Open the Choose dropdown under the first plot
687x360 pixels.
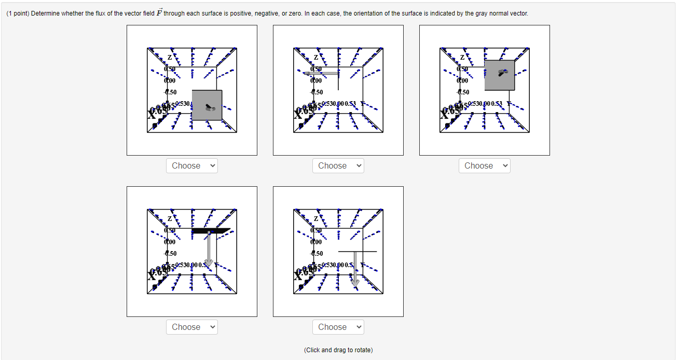click(192, 166)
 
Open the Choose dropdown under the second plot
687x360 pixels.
click(338, 166)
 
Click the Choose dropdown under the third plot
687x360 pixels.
click(485, 166)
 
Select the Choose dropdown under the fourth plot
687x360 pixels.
click(192, 327)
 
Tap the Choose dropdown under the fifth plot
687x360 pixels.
click(338, 327)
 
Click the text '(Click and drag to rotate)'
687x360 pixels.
click(338, 350)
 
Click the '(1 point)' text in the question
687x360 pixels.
click(18, 13)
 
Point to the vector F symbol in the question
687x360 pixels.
click(159, 13)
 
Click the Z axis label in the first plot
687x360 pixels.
click(169, 57)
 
